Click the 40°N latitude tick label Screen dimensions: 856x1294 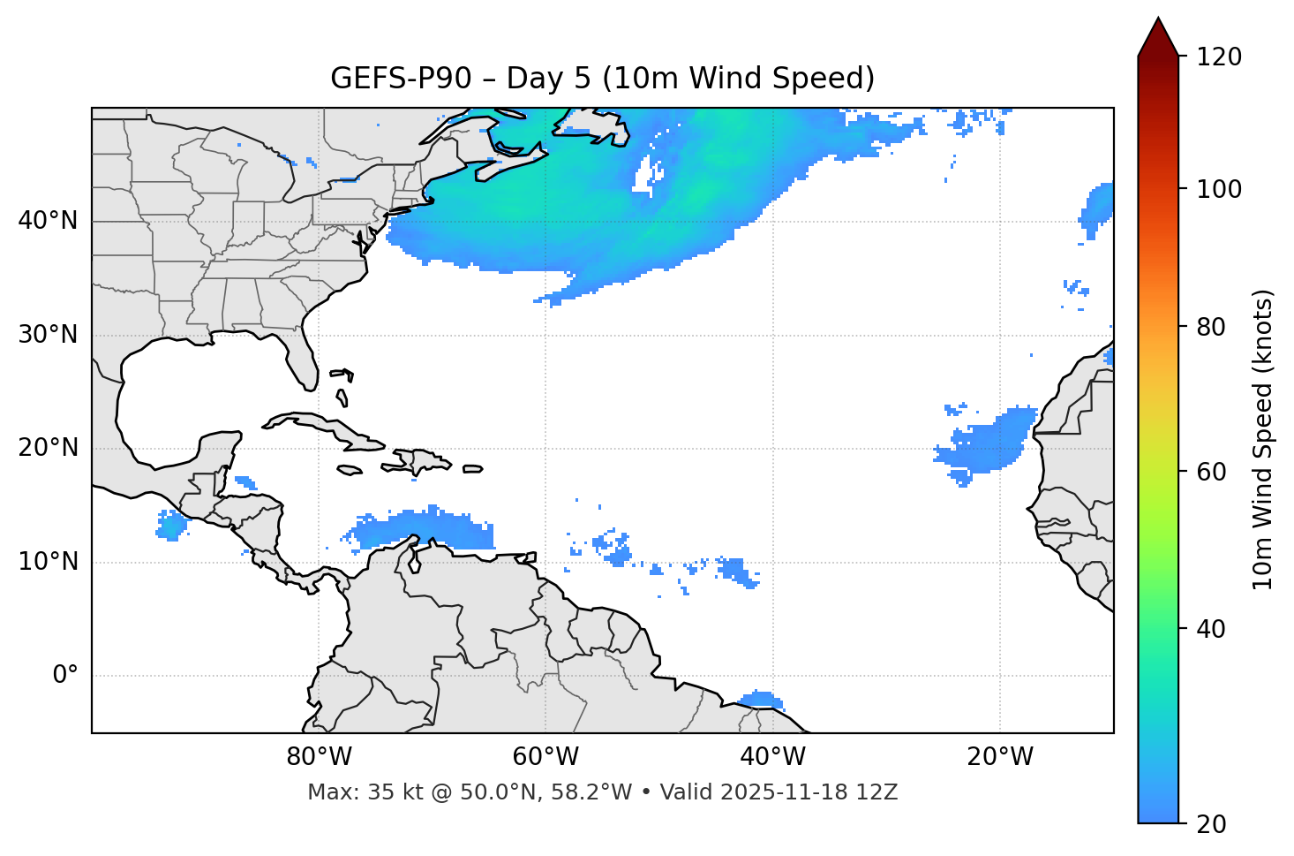[x=48, y=221]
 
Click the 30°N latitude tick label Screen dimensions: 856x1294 [x=48, y=335]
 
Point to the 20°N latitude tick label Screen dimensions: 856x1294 [x=48, y=448]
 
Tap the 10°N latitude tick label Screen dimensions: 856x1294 [x=48, y=562]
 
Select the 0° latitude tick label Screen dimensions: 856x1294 [x=65, y=676]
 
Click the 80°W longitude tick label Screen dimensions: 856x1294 [x=319, y=757]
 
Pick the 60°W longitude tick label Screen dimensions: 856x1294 [x=545, y=757]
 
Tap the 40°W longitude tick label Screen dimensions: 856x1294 [x=773, y=757]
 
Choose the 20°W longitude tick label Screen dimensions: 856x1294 [x=1000, y=757]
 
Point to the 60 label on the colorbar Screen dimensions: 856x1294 [x=1211, y=472]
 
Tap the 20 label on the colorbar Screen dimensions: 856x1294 [x=1211, y=824]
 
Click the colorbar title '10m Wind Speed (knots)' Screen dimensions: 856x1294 [x=1263, y=439]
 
